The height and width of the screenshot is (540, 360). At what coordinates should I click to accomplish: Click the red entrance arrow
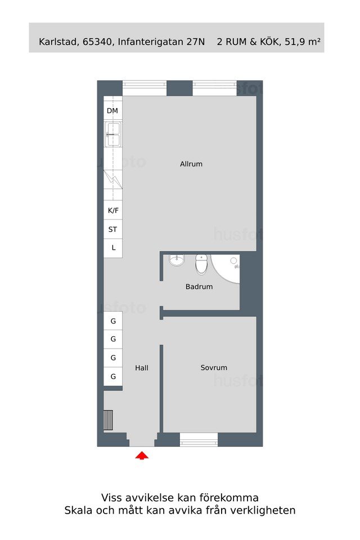142,456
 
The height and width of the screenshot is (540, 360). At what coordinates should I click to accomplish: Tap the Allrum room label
191,164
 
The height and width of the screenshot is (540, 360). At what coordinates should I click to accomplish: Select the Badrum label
199,286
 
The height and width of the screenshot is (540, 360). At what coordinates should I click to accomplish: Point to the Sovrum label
214,367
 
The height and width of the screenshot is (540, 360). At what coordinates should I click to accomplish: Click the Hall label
142,368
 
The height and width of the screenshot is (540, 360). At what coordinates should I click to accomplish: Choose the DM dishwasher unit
113,111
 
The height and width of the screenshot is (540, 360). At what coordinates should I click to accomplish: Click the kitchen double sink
113,134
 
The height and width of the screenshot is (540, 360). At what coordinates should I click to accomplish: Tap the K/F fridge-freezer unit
113,210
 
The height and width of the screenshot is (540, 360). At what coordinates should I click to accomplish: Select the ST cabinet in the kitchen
113,229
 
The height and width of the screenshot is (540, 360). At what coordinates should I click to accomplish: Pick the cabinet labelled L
113,248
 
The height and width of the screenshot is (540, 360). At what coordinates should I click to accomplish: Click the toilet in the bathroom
201,264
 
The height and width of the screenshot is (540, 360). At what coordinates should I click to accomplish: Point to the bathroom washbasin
177,260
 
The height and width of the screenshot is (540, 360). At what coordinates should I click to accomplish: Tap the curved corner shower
226,269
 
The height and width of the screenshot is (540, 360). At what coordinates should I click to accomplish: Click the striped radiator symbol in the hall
108,420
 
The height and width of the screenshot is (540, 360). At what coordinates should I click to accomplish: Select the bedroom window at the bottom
199,440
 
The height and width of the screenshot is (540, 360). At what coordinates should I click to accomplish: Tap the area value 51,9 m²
303,42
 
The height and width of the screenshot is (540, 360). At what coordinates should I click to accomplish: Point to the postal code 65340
97,42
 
